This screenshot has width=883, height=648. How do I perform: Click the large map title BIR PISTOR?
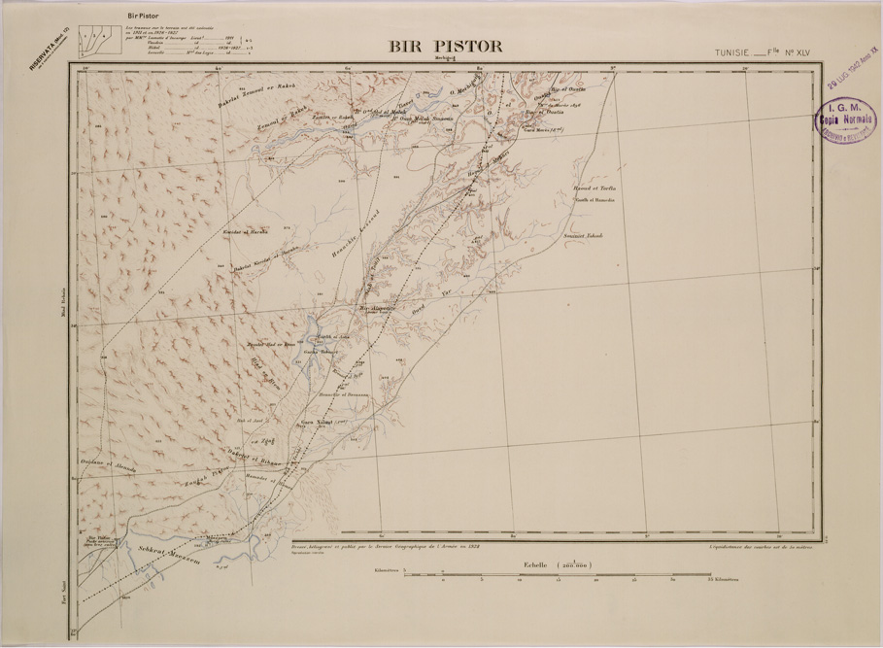[x=445, y=46]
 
